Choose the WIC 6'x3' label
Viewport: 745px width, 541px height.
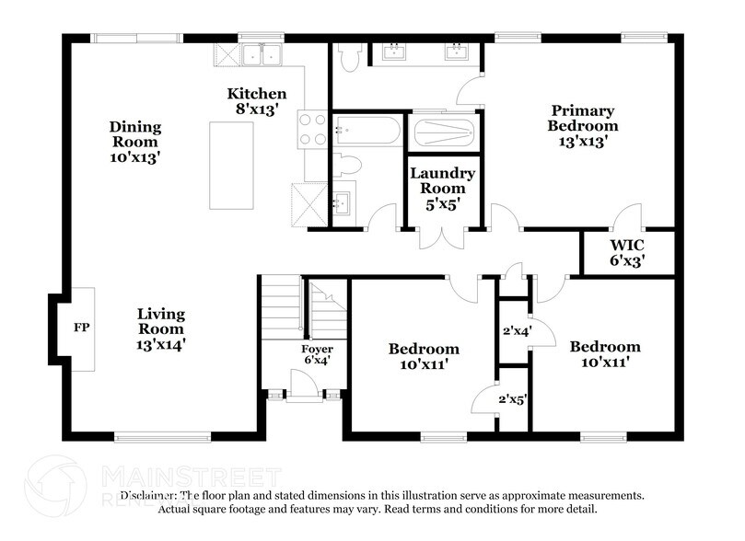click(626, 253)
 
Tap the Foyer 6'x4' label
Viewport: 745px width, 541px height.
click(317, 355)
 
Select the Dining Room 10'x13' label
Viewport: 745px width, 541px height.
click(135, 142)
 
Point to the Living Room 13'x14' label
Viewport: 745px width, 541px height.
click(161, 328)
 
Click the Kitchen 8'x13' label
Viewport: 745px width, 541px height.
click(257, 101)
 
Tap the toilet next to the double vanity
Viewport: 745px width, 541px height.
click(349, 57)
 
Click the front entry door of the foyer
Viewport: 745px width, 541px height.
click(305, 397)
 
